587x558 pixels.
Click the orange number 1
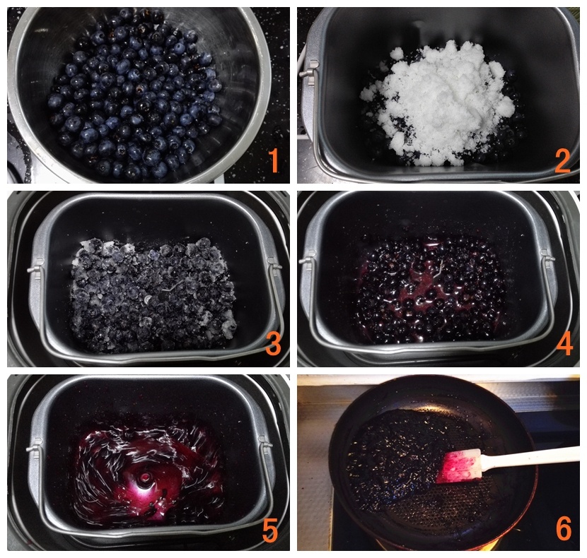pyautogui.click(x=274, y=160)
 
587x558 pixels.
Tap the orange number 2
pyautogui.click(x=562, y=160)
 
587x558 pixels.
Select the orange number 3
pyautogui.click(x=273, y=344)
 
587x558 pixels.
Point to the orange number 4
pyautogui.click(x=564, y=344)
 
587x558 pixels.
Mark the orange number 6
pyautogui.click(x=564, y=528)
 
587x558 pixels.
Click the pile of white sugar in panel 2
pyautogui.click(x=438, y=103)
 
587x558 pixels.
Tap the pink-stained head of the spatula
pyautogui.click(x=459, y=466)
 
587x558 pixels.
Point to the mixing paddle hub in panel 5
pyautogui.click(x=144, y=477)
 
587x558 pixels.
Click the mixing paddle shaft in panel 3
pyautogui.click(x=147, y=299)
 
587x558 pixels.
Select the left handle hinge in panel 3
pyautogui.click(x=35, y=268)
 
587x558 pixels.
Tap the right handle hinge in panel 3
pyautogui.click(x=274, y=266)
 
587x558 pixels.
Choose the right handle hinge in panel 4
pyautogui.click(x=547, y=259)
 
